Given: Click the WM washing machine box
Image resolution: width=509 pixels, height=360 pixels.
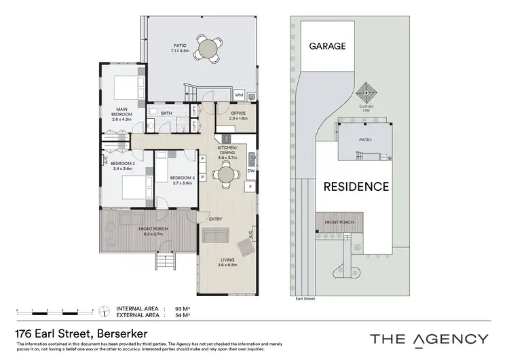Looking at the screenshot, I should (240, 94).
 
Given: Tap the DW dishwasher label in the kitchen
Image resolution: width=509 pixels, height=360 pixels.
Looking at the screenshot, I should (251, 172).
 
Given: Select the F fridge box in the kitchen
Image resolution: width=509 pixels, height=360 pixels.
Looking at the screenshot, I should (251, 186).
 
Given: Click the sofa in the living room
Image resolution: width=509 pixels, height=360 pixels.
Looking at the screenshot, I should (215, 236).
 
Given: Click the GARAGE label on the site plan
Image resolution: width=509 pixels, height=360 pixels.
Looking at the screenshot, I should (328, 47).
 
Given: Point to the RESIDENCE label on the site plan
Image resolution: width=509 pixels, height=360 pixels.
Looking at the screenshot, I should (356, 186).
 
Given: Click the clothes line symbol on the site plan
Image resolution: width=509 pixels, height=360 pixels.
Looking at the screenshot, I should (366, 91).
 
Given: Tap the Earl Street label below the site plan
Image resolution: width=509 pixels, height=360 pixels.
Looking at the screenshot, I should (307, 298).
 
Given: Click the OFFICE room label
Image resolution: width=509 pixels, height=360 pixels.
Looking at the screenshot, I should (238, 113).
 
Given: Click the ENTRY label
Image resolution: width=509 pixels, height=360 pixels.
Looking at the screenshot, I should (216, 219).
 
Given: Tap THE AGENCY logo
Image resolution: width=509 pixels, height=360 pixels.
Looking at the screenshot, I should (429, 338).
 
